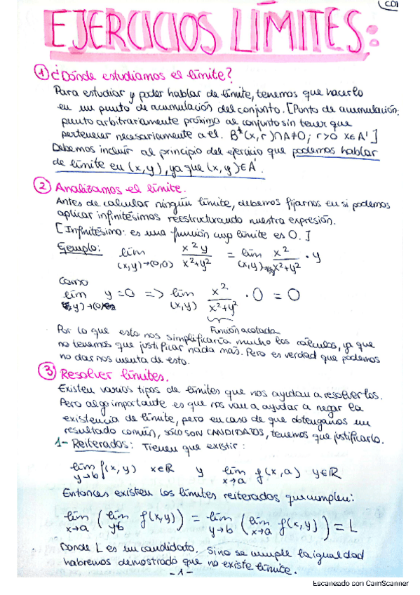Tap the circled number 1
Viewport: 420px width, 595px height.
pos(43,72)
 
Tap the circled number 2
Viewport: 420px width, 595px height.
pos(43,187)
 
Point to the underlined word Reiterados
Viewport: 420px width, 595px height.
pos(93,445)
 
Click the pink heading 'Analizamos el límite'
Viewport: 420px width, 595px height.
pos(116,188)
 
